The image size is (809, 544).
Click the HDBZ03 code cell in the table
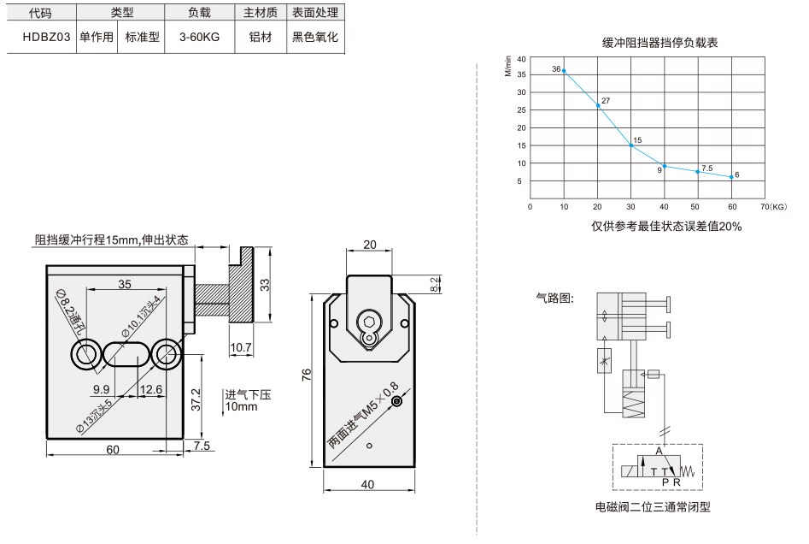(46, 37)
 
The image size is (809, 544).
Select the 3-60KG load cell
(199, 37)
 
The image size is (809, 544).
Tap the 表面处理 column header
(315, 12)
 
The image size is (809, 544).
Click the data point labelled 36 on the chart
(564, 71)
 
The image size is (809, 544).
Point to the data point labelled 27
(598, 105)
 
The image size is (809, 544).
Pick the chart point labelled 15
(631, 145)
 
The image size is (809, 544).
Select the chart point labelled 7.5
(698, 172)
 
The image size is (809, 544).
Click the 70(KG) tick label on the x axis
(773, 207)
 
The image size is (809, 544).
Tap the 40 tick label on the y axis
(522, 59)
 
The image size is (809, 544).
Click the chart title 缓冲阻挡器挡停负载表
(660, 43)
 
